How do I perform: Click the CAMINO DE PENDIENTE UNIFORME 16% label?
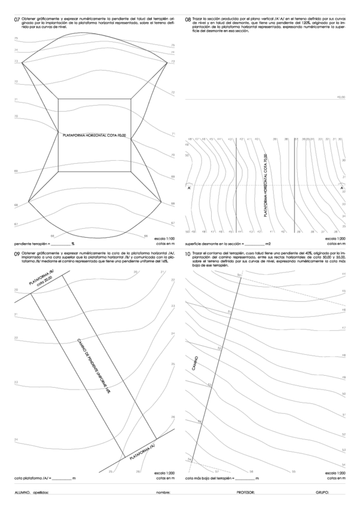[x=94, y=364]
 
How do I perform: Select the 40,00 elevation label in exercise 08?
[x=341, y=96]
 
